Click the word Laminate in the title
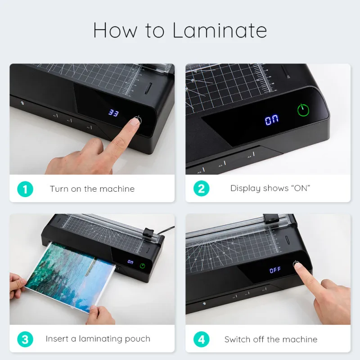pos(220,30)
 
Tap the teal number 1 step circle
pos(25,189)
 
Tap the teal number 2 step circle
pos(201,189)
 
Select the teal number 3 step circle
pos(25,339)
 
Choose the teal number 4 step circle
pos(201,339)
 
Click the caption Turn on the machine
pos(92,189)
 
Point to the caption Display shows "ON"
pos(270,189)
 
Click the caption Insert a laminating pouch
pos(98,339)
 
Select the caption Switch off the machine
pos(271,339)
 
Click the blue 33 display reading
pos(113,113)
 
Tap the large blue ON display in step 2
pos(271,120)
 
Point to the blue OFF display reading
pos(275,270)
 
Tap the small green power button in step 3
pos(143,266)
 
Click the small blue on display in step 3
pos(130,261)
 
